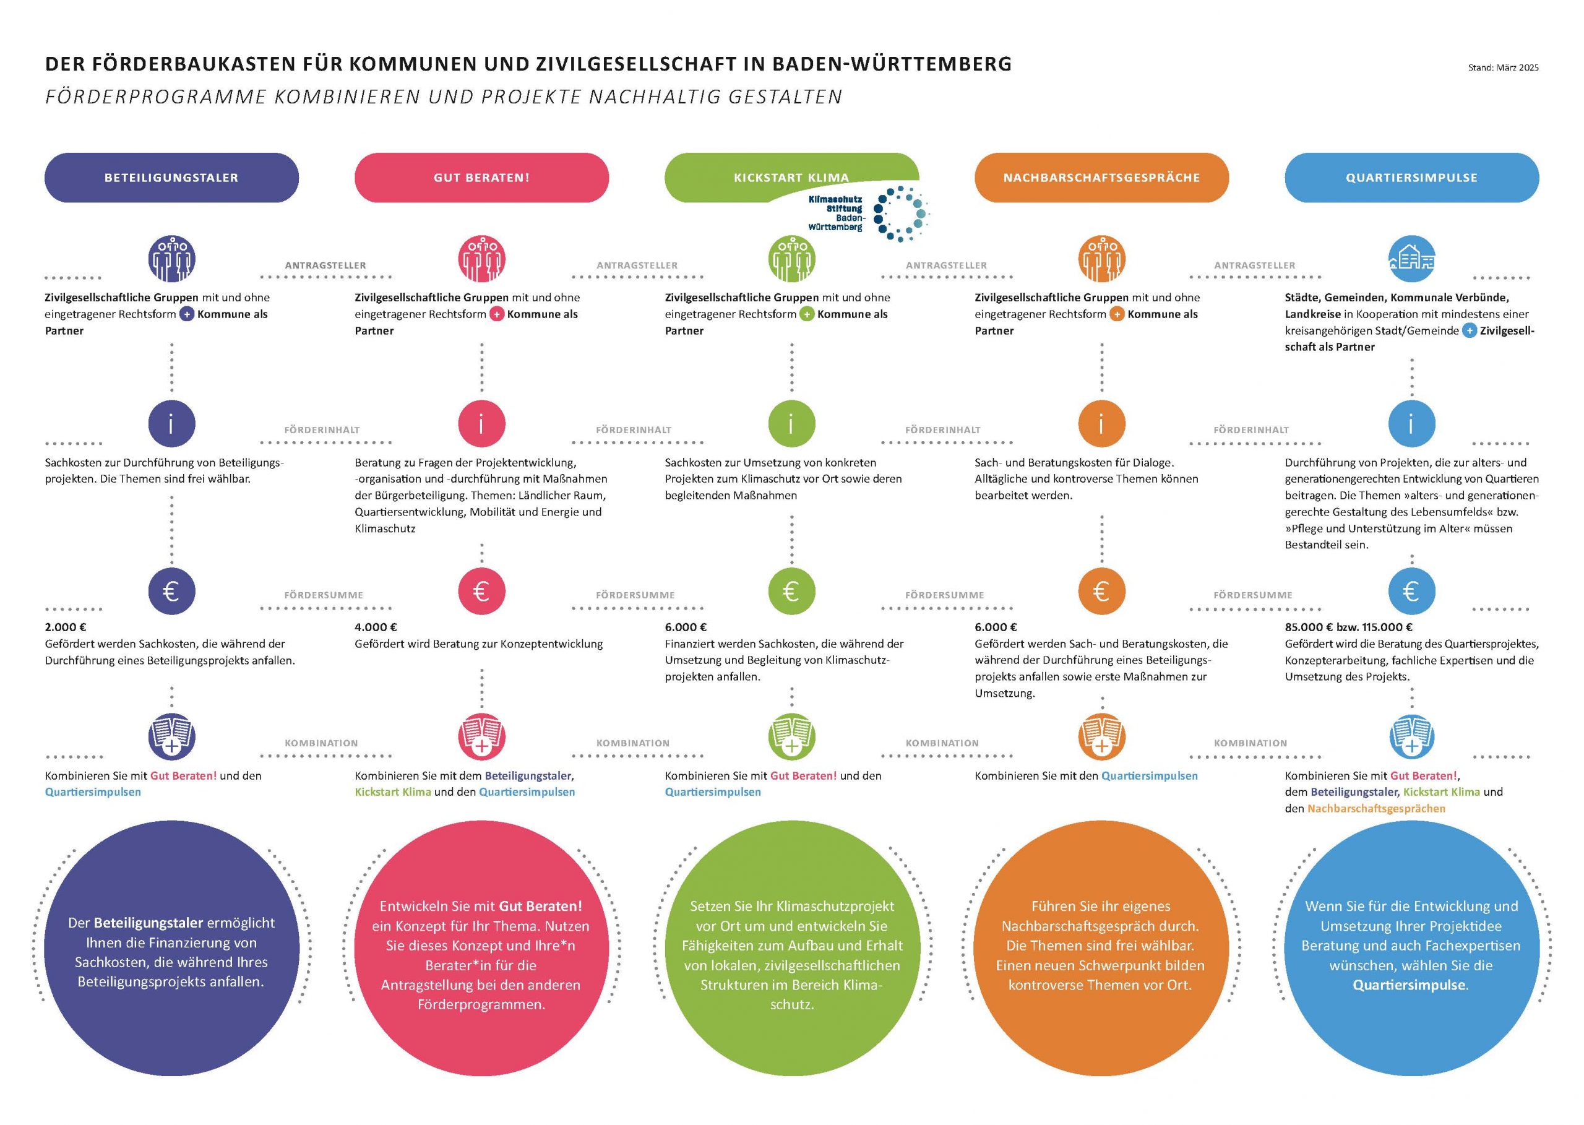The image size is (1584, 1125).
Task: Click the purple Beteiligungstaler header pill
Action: pos(171,178)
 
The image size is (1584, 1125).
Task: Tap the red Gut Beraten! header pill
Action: pos(481,178)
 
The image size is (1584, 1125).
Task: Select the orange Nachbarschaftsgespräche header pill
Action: pos(1101,178)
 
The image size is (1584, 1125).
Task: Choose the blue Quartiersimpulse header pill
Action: pos(1411,178)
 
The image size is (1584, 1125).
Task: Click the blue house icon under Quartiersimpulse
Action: pos(1411,259)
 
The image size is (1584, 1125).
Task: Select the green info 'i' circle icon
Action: pos(791,423)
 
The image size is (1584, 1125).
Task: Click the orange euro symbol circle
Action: pos(1101,591)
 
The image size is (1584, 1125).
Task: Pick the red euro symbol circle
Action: pos(481,591)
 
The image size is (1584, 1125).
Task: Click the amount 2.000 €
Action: pos(66,627)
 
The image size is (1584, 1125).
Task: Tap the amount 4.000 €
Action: pos(376,627)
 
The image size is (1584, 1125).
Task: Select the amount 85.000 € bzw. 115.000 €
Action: pos(1348,627)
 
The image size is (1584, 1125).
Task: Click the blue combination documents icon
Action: pos(1411,736)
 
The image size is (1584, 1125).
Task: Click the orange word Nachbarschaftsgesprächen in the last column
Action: pos(1376,808)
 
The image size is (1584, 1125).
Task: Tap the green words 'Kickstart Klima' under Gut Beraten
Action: pos(393,792)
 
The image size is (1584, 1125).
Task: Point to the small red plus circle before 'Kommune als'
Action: pos(497,314)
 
